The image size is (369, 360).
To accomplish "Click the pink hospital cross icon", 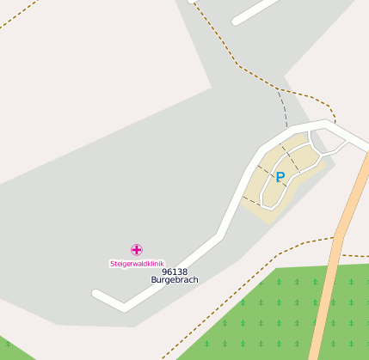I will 137,250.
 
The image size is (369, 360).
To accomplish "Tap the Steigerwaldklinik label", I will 136,263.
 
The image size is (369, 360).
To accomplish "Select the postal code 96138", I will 175,272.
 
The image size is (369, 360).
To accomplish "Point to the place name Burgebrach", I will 175,280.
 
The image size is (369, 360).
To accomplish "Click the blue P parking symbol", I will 280,177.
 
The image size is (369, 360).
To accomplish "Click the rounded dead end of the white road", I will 97,295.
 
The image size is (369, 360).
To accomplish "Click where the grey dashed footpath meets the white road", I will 286,130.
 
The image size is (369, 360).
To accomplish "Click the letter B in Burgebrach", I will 154,280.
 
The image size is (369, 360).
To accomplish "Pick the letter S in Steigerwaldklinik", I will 112,263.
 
